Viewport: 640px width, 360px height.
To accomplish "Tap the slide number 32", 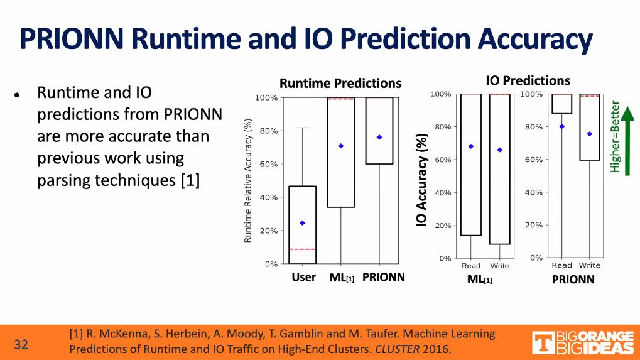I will point(21,344).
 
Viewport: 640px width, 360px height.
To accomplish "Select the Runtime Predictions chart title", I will point(340,84).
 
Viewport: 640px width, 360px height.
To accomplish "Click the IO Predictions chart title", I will point(528,80).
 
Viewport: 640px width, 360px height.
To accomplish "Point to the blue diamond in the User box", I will point(302,223).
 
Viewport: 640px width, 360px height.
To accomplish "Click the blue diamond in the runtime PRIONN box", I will point(379,137).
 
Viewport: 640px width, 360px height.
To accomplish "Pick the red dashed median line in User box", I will point(302,249).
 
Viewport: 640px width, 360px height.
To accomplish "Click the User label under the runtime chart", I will point(304,277).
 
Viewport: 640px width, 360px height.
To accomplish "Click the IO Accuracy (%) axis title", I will point(422,180).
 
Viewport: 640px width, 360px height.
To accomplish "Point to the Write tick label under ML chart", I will point(500,266).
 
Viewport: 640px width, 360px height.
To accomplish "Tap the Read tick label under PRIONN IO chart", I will point(562,265).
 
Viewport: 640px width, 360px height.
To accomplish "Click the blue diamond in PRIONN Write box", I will point(590,134).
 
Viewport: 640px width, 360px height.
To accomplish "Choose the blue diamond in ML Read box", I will point(471,146).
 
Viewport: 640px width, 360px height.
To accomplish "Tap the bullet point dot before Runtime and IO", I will point(18,95).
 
